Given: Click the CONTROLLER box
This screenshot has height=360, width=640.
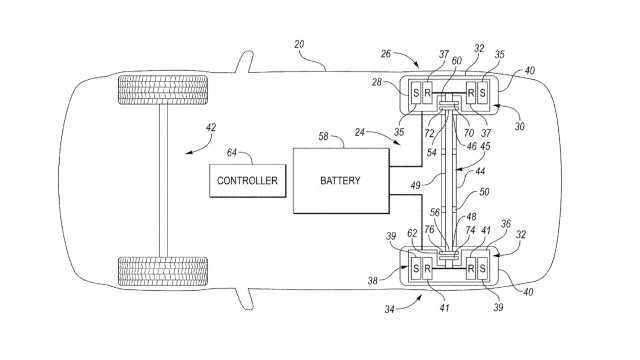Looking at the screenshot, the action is [x=248, y=181].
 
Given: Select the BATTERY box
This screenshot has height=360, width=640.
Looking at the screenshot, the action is [x=341, y=180].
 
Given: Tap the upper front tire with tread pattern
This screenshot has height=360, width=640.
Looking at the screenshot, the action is [x=163, y=90].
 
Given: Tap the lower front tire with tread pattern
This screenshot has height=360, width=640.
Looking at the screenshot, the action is [x=163, y=271].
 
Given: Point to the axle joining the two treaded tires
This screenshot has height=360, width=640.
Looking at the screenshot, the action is [x=163, y=181].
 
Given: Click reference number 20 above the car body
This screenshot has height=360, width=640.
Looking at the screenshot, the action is [x=299, y=44].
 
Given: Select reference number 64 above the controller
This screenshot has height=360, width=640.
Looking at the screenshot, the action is [x=231, y=153].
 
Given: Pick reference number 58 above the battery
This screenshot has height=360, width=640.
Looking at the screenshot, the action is [x=323, y=136].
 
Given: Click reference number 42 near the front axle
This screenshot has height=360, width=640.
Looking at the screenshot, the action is [x=211, y=128].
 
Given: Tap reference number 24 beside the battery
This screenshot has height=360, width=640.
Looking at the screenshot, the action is [x=360, y=132].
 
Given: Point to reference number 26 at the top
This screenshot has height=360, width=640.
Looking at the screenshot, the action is [x=386, y=53].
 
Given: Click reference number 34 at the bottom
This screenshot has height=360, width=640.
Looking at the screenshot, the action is [x=389, y=309].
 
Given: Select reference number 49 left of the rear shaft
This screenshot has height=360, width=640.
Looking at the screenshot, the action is [x=416, y=185].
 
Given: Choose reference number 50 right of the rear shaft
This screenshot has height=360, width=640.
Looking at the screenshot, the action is [x=484, y=192].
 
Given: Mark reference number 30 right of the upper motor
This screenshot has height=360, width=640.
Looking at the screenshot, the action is [x=519, y=127].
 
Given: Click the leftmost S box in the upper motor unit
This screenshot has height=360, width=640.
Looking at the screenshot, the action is [x=416, y=93].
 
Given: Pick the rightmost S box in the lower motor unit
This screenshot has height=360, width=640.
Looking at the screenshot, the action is [x=482, y=269].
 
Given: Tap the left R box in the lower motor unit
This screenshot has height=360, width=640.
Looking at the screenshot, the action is [x=427, y=269].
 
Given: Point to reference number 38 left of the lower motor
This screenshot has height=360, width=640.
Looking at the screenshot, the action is [x=373, y=281].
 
